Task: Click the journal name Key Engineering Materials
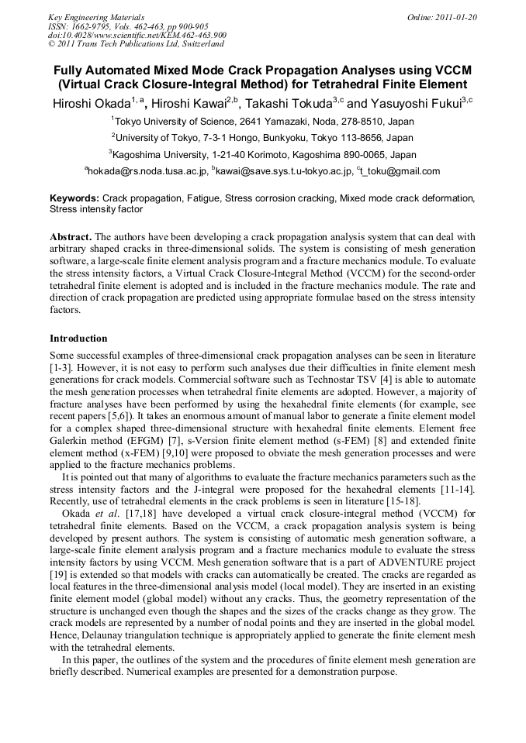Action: pyautogui.click(x=96, y=16)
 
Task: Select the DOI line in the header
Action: pyautogui.click(x=137, y=35)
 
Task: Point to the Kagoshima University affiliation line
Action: pyautogui.click(x=264, y=154)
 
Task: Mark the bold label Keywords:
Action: pyautogui.click(x=74, y=198)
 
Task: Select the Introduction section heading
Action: pyautogui.click(x=78, y=339)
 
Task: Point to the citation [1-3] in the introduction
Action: pyautogui.click(x=61, y=366)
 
